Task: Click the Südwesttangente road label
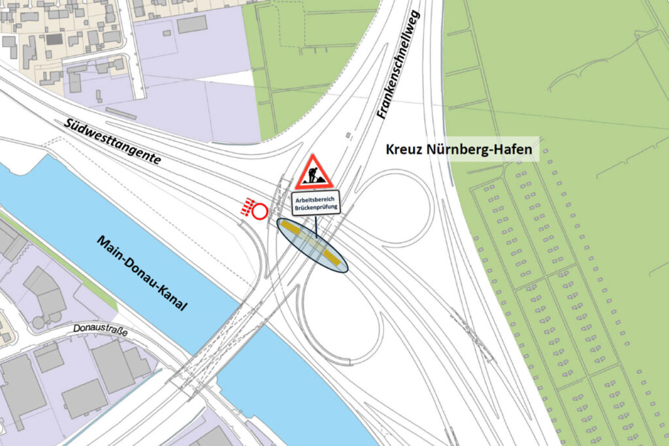pyautogui.click(x=112, y=141)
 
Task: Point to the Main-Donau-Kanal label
pyautogui.click(x=142, y=272)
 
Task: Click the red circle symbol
pyautogui.click(x=260, y=212)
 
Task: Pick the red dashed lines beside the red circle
pyautogui.click(x=246, y=208)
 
